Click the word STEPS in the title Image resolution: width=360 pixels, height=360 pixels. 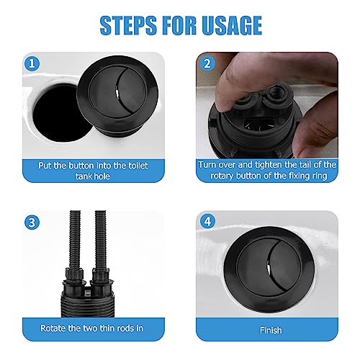pyautogui.click(x=128, y=25)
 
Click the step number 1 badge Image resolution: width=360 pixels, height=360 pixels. pyautogui.click(x=32, y=63)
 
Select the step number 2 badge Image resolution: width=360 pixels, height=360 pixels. pyautogui.click(x=207, y=63)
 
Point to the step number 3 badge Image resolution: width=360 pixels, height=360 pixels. pyautogui.click(x=32, y=222)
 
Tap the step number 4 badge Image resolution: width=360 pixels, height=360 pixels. pyautogui.click(x=207, y=222)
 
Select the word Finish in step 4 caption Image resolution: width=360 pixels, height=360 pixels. pyautogui.click(x=271, y=330)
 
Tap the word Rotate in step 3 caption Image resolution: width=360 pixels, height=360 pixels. pyautogui.click(x=53, y=328)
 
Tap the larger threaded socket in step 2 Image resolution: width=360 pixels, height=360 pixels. pyautogui.click(x=275, y=92)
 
